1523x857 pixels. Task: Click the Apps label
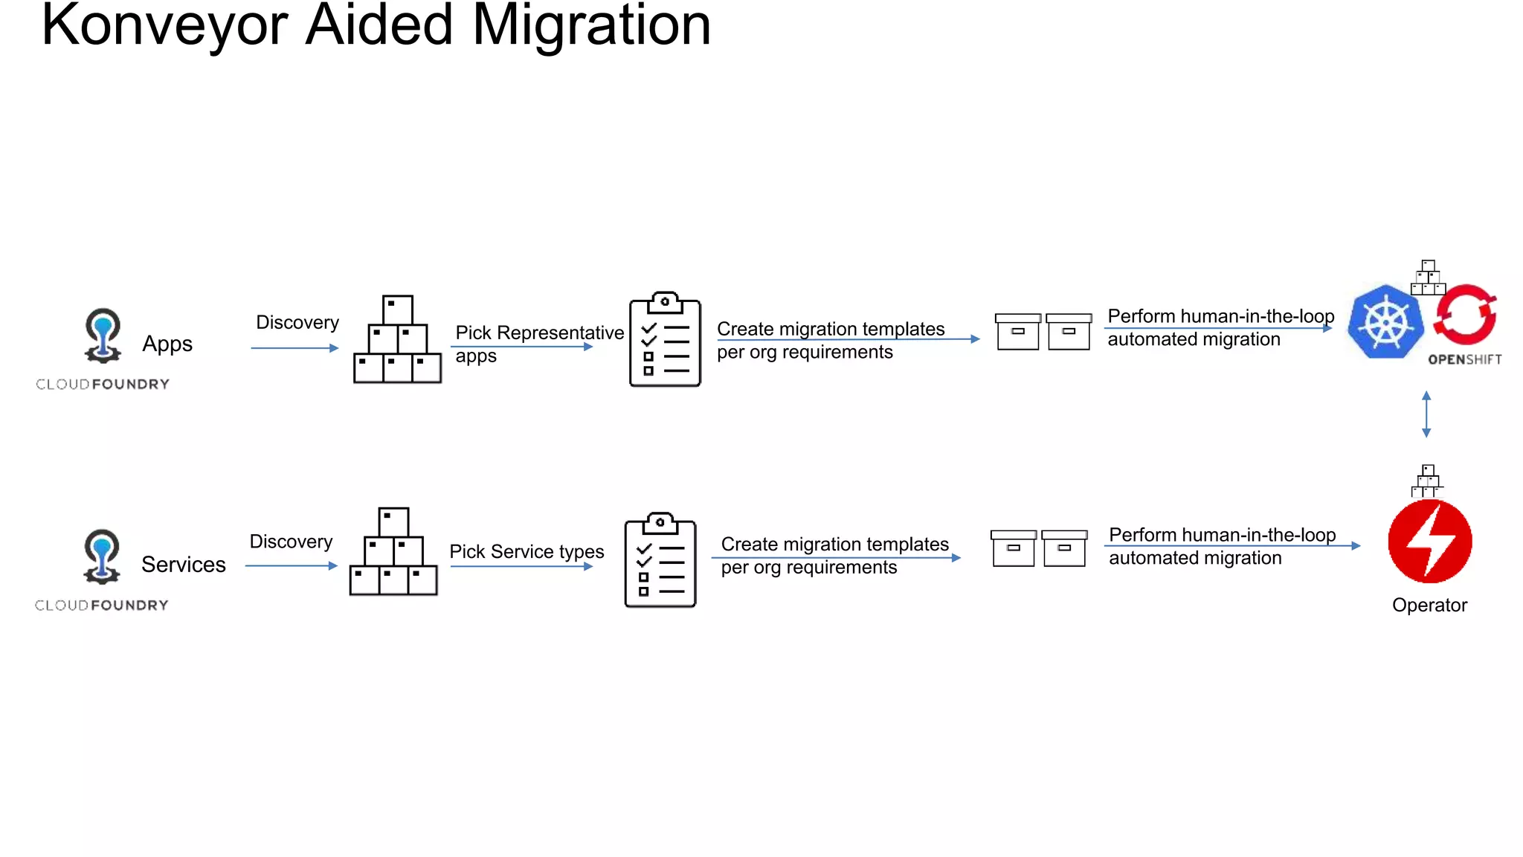tap(167, 344)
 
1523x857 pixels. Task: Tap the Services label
tap(183, 565)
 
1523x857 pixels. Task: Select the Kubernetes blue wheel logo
tap(1385, 322)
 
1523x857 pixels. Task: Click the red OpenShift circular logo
tap(1465, 315)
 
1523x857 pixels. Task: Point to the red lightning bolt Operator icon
tap(1429, 541)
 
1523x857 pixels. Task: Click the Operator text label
tap(1429, 605)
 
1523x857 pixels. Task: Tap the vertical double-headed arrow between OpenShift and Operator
tap(1426, 414)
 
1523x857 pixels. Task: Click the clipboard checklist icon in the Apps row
tap(665, 340)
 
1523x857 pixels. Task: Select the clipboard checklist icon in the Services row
tap(660, 560)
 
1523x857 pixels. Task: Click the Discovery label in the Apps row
tap(297, 322)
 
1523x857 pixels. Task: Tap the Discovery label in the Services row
tap(291, 542)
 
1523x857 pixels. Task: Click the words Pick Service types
tap(527, 551)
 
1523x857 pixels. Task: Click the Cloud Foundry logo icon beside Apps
tap(103, 335)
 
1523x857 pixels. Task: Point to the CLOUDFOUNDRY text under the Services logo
tap(102, 606)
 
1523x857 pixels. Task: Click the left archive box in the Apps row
tap(1017, 331)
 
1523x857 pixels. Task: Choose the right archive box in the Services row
tap(1064, 548)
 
